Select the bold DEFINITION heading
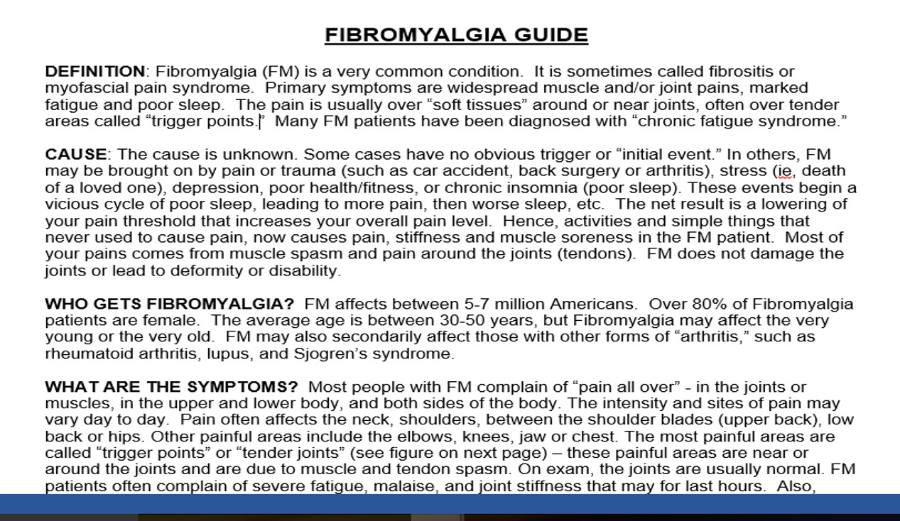[94, 72]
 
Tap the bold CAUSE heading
[76, 155]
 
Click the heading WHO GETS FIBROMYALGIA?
[169, 305]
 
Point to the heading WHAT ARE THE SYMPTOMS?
[172, 388]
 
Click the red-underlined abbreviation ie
[784, 171]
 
